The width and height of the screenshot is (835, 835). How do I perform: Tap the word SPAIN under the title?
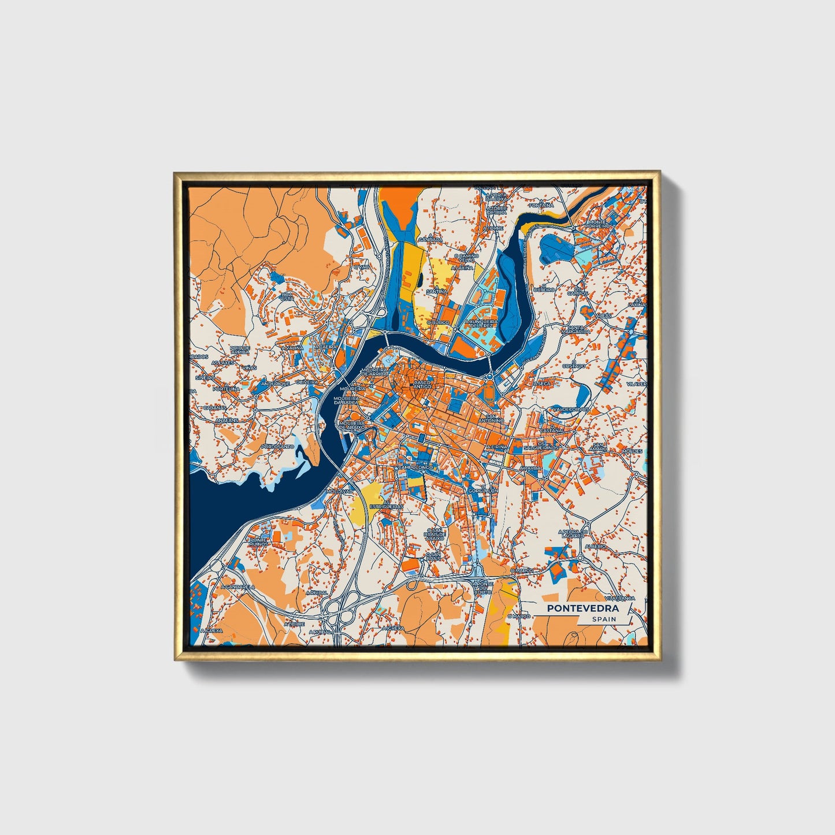604,619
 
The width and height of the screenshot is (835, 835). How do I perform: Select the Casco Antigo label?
421,385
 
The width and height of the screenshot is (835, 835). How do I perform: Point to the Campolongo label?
415,467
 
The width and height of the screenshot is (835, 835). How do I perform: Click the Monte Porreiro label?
598,224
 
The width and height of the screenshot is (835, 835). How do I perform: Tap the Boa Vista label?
287,296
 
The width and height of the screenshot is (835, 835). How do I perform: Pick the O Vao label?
363,267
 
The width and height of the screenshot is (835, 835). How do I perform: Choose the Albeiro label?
595,546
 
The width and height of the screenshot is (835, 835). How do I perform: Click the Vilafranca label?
619,598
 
